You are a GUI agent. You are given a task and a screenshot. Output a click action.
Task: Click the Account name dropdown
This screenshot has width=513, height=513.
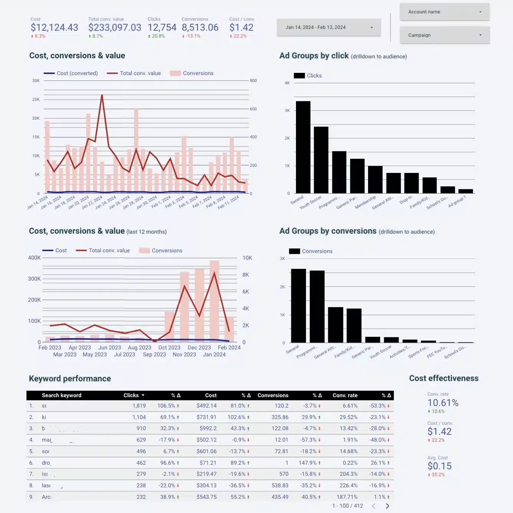click(444, 12)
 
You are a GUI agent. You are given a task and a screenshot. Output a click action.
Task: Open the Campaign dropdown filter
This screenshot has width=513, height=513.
click(444, 35)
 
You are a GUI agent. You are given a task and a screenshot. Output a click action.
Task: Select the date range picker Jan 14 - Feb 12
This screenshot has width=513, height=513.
click(329, 28)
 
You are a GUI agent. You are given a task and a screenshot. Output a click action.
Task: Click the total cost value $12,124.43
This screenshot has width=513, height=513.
click(54, 28)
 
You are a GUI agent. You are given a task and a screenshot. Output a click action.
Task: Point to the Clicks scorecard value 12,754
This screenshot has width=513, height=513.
click(162, 28)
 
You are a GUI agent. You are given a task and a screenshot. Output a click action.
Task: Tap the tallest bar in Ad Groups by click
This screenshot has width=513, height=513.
click(303, 147)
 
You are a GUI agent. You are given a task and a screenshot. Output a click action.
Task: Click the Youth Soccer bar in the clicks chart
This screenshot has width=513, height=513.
click(321, 160)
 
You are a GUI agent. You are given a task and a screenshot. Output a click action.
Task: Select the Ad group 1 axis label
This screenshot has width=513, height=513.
click(457, 201)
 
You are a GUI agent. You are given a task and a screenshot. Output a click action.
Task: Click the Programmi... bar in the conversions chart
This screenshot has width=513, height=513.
click(317, 306)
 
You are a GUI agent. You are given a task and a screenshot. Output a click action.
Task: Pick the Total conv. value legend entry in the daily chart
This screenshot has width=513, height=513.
click(140, 73)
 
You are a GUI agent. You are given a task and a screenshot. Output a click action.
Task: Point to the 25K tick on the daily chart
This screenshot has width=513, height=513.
click(36, 100)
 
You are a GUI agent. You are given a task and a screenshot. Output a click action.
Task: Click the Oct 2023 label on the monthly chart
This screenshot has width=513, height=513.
click(169, 348)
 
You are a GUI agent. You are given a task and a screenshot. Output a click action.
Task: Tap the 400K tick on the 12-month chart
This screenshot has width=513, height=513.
click(34, 258)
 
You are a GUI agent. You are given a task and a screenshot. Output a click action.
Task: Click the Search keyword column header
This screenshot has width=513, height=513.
click(61, 395)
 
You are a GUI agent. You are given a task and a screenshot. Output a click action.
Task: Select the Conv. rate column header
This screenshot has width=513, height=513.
click(345, 395)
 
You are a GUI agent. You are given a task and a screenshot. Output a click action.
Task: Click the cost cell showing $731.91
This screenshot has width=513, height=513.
click(206, 417)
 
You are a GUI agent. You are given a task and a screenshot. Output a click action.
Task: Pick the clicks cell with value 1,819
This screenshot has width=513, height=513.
click(139, 406)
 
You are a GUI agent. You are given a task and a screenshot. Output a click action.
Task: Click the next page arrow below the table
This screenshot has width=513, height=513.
click(387, 506)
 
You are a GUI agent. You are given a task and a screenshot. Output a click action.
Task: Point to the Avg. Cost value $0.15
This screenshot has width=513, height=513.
click(439, 466)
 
